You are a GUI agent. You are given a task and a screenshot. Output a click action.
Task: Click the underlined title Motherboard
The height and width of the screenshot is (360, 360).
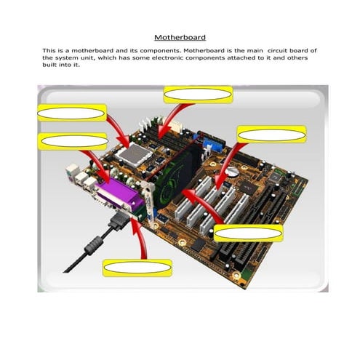tap(180, 36)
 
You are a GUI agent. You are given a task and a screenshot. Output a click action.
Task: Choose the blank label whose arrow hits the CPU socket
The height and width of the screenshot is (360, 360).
tap(72, 112)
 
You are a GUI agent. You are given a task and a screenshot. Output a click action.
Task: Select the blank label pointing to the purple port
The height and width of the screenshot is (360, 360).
tap(71, 140)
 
